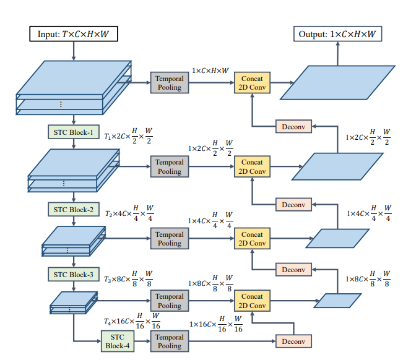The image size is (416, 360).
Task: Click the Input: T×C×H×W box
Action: [x=73, y=34]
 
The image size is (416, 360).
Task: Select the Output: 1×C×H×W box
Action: [x=337, y=34]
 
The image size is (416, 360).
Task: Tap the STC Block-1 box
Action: [x=73, y=132]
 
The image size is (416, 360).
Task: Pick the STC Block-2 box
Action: [x=73, y=209]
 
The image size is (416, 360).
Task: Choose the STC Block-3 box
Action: [x=73, y=273]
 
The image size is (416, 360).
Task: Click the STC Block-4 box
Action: [x=117, y=341]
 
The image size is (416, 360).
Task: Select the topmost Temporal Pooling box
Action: [x=169, y=83]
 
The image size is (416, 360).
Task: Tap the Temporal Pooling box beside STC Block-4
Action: [x=169, y=341]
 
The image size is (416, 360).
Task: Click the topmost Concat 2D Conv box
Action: [x=252, y=83]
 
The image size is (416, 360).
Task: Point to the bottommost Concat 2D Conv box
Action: [x=252, y=301]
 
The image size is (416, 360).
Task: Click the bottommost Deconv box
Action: [x=293, y=341]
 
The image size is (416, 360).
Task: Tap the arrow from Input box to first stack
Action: [x=74, y=51]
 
